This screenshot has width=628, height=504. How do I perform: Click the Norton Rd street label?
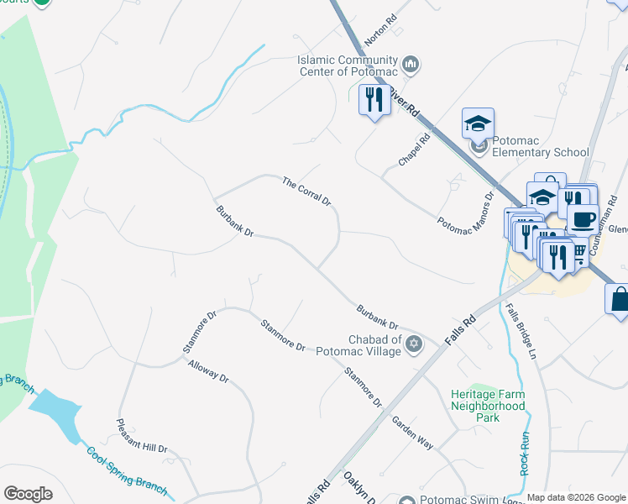[x=380, y=29]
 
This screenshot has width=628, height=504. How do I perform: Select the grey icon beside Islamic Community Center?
[x=411, y=64]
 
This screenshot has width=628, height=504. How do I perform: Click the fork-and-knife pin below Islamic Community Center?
[x=372, y=101]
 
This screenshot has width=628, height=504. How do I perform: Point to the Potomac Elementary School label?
[x=541, y=146]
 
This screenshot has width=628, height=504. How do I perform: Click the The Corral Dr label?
[x=306, y=192]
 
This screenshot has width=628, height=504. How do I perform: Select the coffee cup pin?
[x=583, y=220]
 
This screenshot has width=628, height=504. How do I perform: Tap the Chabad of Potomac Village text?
[x=359, y=344]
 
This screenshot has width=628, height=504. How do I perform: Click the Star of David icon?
[x=413, y=344]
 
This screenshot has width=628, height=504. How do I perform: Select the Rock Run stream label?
[x=525, y=454]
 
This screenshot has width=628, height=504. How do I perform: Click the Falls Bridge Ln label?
[x=521, y=331]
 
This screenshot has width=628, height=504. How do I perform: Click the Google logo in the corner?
[x=28, y=494]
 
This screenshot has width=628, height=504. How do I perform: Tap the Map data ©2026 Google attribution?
[x=576, y=497]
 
